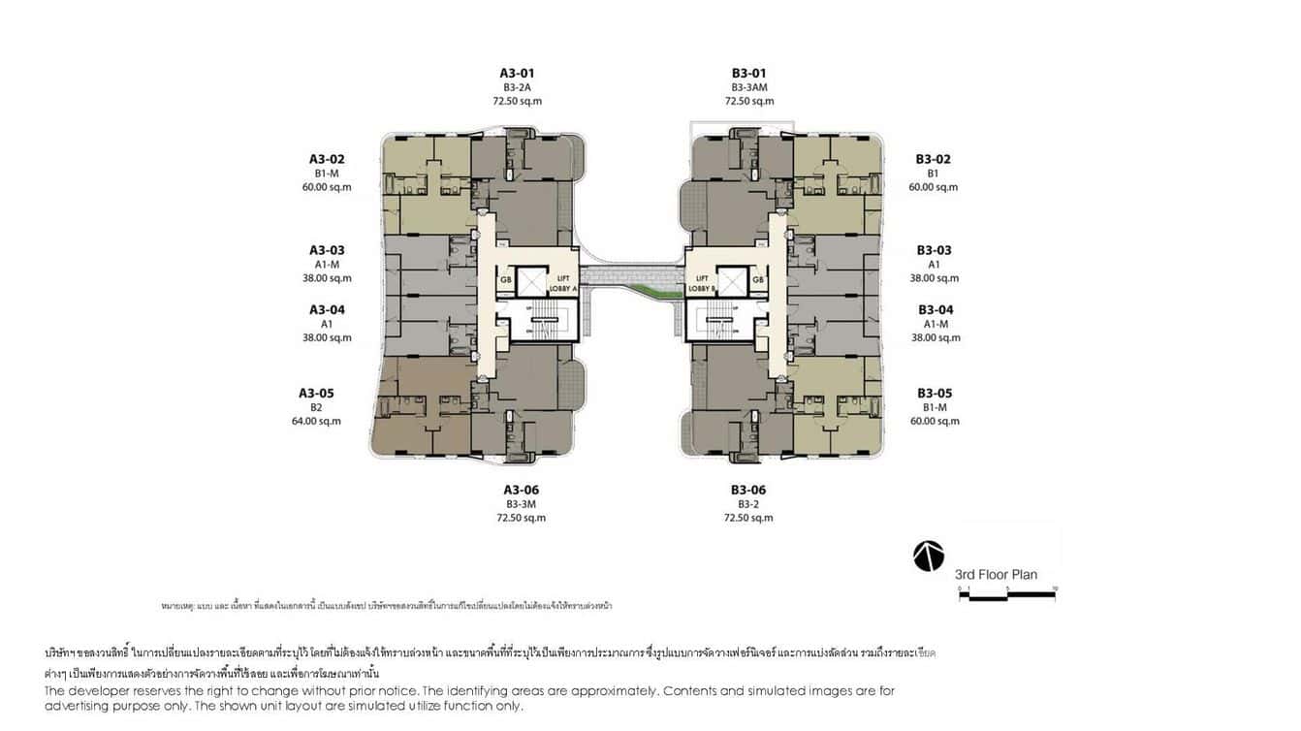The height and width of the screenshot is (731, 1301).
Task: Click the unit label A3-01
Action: pos(517,73)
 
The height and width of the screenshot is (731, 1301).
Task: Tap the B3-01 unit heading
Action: pos(748,73)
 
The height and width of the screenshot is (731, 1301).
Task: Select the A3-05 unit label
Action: pos(315,393)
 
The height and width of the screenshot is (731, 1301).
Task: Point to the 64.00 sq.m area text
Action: pos(316,421)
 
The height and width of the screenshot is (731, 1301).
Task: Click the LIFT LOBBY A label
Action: pos(563,283)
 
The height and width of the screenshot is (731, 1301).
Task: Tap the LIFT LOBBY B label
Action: pos(701,283)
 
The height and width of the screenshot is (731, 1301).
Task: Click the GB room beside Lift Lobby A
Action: pos(505,280)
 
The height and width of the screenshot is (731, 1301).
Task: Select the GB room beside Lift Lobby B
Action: pos(758,280)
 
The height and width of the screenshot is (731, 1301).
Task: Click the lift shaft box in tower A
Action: pos(531,281)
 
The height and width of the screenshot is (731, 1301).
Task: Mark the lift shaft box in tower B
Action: pos(732,281)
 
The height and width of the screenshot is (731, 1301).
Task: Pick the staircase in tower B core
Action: pos(720,321)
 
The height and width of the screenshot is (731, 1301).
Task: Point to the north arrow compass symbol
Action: pos(928,556)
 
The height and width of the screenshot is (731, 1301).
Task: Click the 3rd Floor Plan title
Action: pos(996,574)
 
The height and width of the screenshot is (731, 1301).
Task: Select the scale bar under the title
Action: pos(1006,595)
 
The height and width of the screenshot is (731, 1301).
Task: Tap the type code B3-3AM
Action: pos(748,87)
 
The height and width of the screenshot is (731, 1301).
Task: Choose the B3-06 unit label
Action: pos(748,490)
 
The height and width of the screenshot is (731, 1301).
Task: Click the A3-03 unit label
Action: pos(327,250)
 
